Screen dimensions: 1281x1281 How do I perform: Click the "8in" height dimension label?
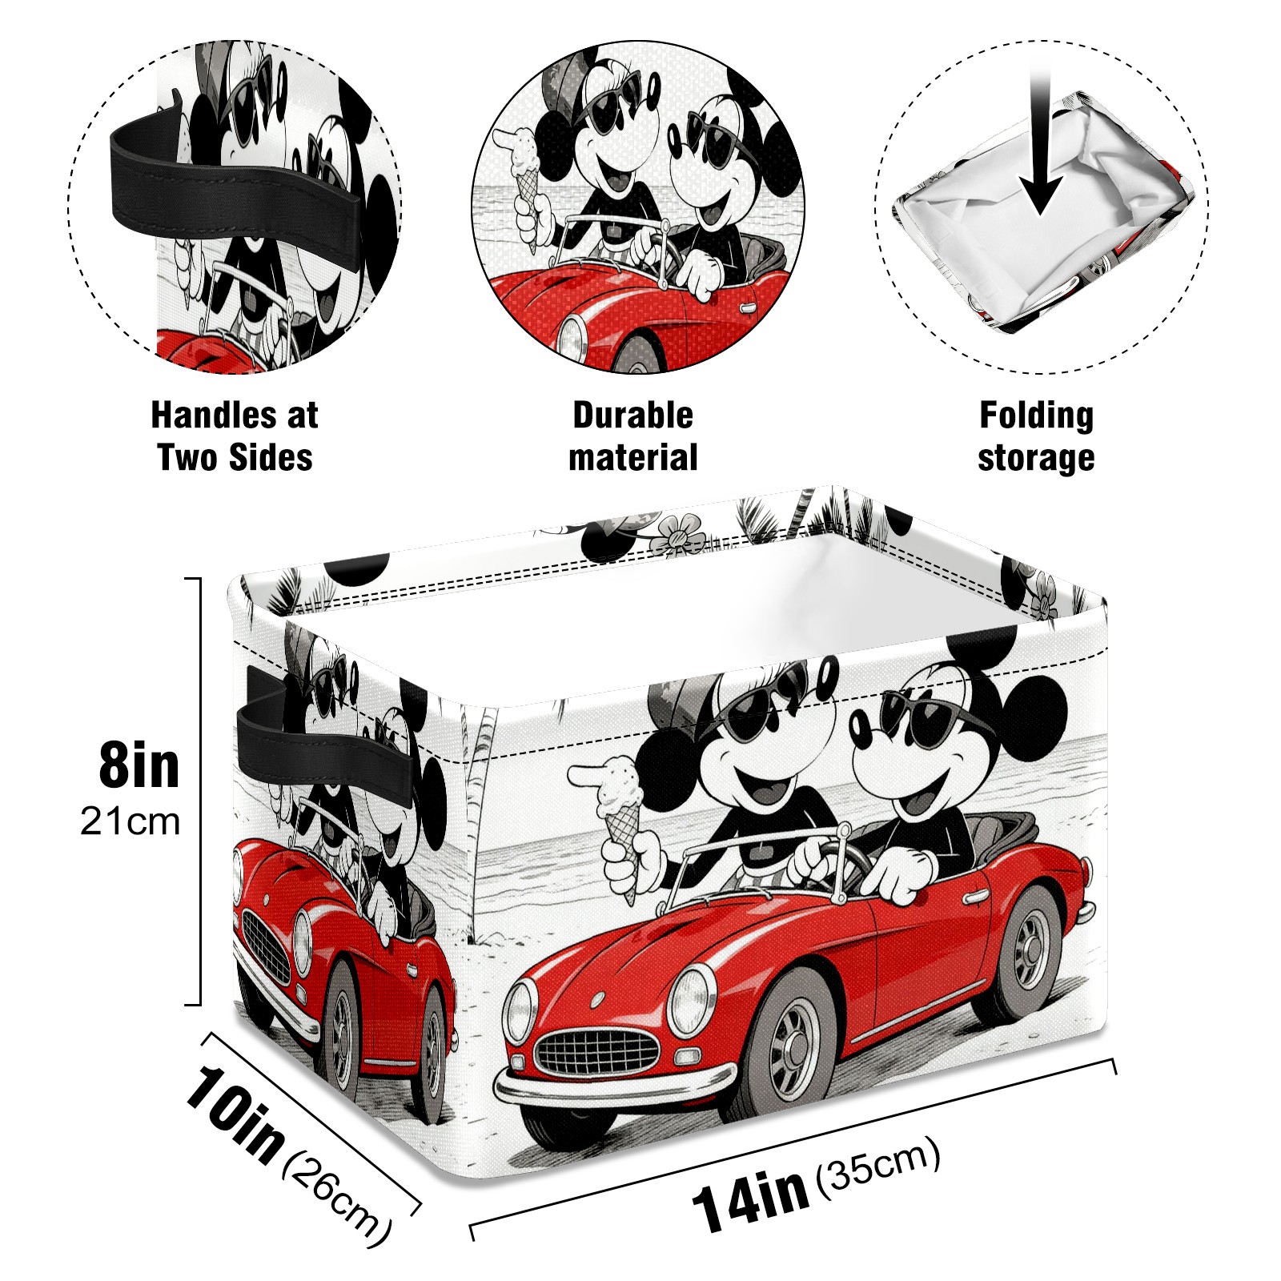click(139, 765)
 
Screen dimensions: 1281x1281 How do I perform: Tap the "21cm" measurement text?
click(131, 822)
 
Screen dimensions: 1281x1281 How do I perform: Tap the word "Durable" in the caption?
click(632, 416)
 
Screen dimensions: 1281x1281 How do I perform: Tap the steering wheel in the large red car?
click(841, 861)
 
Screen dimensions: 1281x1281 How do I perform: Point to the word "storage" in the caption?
click(1036, 459)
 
